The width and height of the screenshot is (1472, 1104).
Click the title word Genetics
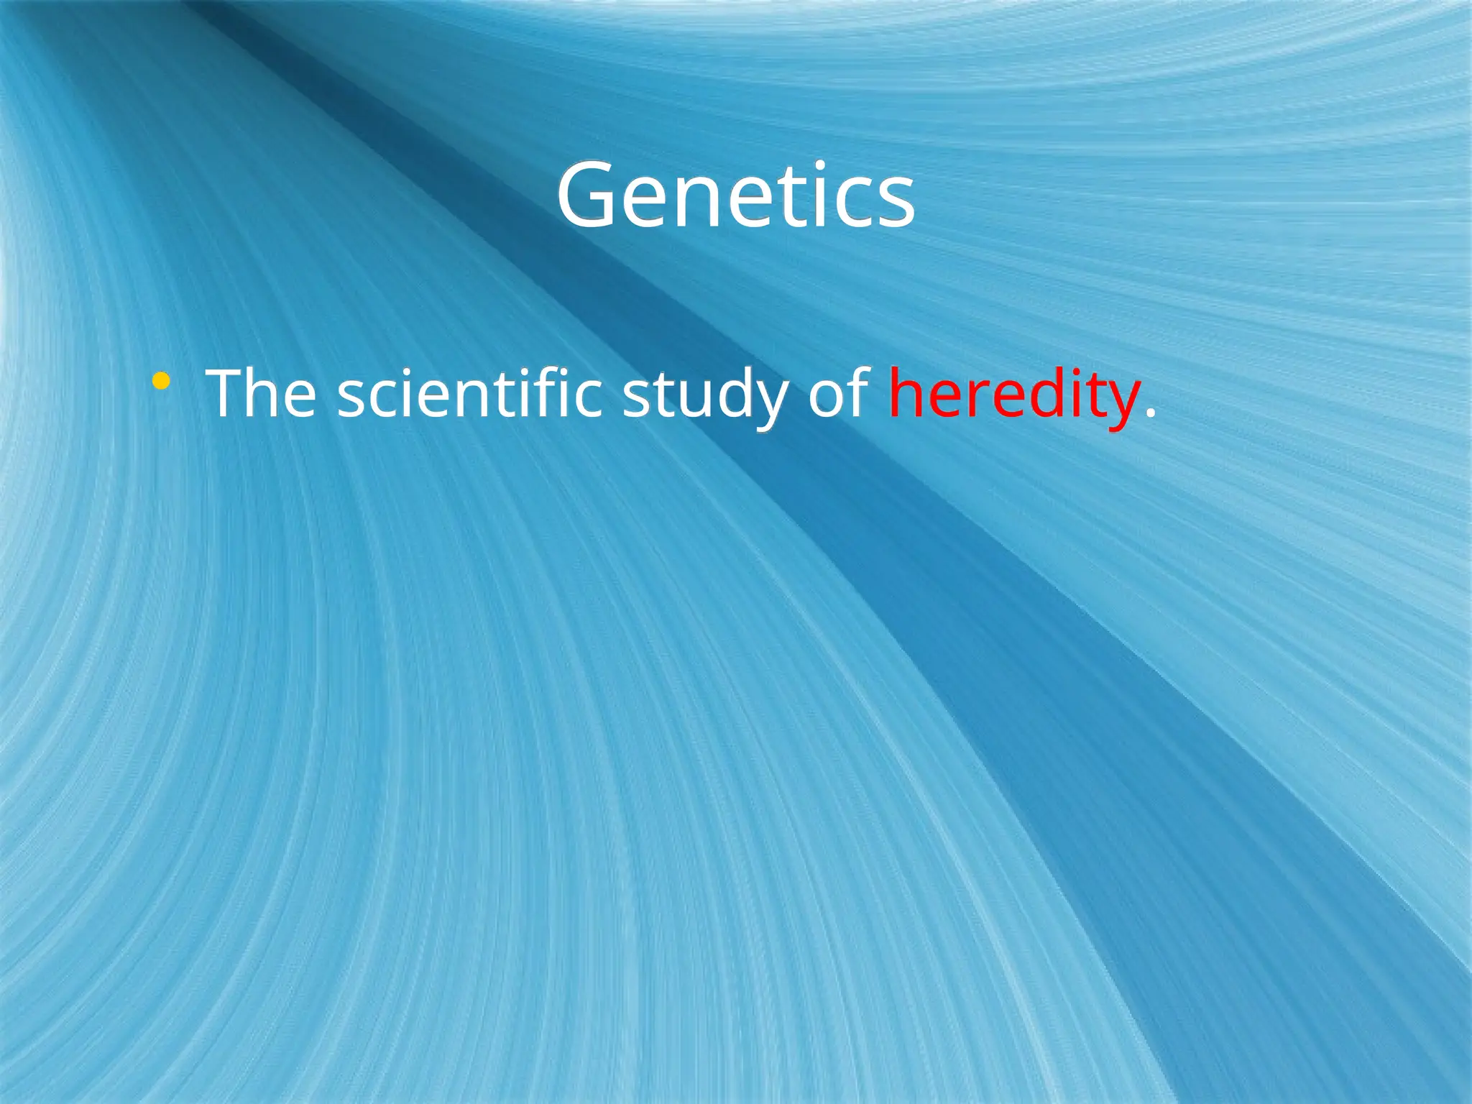coord(735,195)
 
